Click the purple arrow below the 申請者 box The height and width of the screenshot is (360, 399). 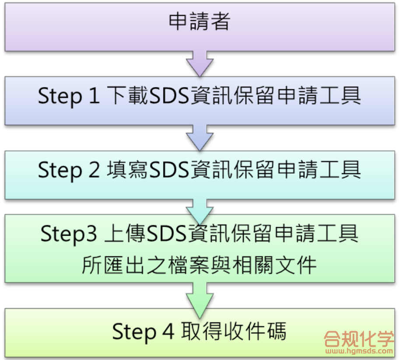pyautogui.click(x=199, y=63)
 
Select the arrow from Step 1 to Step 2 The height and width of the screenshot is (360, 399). pyautogui.click(x=199, y=137)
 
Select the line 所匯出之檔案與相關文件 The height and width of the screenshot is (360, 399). pyautogui.click(x=199, y=265)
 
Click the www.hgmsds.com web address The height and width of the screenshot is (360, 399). pyautogui.click(x=359, y=351)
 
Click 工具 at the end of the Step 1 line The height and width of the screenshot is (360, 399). pyautogui.click(x=341, y=97)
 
